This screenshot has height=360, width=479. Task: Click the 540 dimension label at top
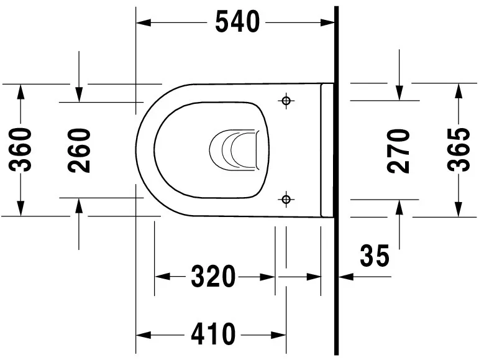click(x=237, y=22)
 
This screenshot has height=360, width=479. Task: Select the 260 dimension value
click(x=80, y=150)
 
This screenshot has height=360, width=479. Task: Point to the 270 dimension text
click(x=399, y=150)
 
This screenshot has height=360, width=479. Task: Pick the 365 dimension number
click(x=459, y=150)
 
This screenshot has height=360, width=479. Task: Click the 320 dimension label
click(x=213, y=277)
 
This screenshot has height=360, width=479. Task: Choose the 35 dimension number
click(x=375, y=256)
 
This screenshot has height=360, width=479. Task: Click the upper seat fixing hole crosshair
click(x=286, y=100)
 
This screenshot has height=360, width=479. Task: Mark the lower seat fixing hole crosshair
click(x=286, y=199)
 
